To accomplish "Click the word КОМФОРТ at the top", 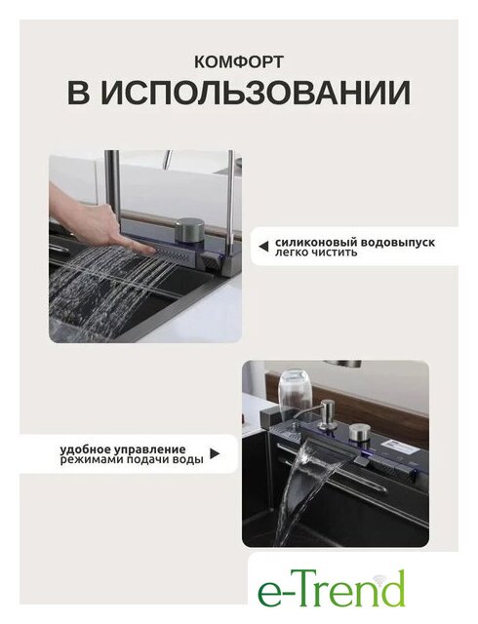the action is [239, 61].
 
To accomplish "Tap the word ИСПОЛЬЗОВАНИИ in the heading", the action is [256, 94].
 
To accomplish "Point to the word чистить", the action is [337, 253].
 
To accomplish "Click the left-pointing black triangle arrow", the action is [263, 247].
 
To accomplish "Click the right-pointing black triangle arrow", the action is [215, 454].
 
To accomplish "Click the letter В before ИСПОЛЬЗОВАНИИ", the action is [78, 94].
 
